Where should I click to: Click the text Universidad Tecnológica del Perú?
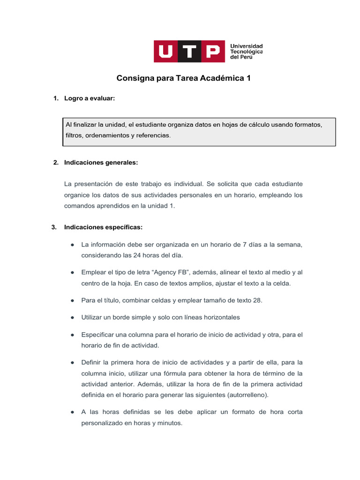click(x=246, y=51)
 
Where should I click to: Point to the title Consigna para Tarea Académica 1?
click(x=183, y=78)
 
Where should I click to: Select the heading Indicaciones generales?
click(x=101, y=163)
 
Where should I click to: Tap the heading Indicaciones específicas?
click(x=104, y=227)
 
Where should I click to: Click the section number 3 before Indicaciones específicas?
click(x=54, y=227)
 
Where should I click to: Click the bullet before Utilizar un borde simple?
click(x=73, y=317)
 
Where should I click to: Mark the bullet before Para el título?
click(x=73, y=300)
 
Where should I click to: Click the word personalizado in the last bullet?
click(x=101, y=422)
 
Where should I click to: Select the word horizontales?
click(x=222, y=317)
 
